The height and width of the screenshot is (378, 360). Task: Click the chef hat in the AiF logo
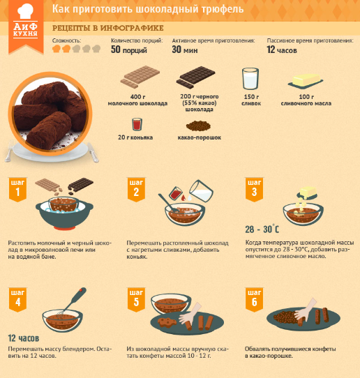(x=25, y=11)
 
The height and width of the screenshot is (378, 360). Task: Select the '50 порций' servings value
(x=129, y=50)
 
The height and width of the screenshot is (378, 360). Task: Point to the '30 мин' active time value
(x=185, y=50)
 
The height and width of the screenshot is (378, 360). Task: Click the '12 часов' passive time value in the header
(x=282, y=50)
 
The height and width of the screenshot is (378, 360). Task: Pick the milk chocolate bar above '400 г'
(x=140, y=77)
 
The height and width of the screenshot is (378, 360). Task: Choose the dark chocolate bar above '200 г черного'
(x=195, y=77)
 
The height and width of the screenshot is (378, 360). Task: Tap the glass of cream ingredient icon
(x=250, y=79)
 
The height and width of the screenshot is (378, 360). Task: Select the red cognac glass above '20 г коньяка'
(x=137, y=124)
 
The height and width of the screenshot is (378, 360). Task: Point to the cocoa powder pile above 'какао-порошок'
(x=198, y=126)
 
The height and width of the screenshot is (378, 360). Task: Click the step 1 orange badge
(x=17, y=190)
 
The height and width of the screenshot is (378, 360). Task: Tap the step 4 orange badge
(x=17, y=299)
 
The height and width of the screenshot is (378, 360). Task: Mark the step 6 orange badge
(x=255, y=299)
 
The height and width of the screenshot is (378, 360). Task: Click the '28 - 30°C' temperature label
(x=262, y=229)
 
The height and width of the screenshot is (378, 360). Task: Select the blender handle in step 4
(x=77, y=298)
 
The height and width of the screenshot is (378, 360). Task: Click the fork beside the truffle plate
(x=9, y=151)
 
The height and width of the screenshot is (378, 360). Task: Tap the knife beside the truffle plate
(x=93, y=152)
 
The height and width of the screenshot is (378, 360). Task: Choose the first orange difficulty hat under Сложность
(x=57, y=49)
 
